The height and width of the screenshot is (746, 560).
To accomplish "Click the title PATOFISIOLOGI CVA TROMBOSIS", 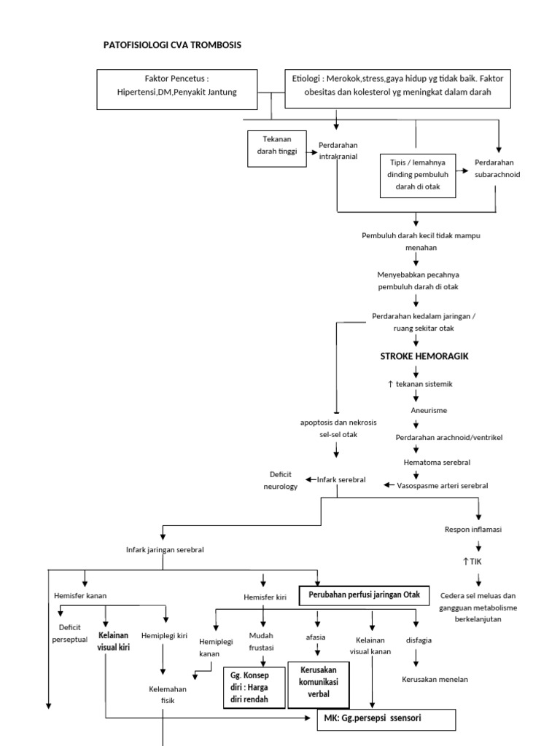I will click(x=173, y=45).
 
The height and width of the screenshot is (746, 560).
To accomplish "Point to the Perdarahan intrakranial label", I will click(x=338, y=150).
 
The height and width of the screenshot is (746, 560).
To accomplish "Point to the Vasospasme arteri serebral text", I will click(x=442, y=485).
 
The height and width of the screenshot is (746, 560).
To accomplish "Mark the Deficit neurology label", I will click(x=281, y=480).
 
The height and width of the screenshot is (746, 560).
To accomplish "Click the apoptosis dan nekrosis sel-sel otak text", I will click(x=335, y=427).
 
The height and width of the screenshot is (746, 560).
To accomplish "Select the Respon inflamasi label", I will click(x=478, y=529).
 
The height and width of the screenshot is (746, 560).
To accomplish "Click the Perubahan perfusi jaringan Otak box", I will click(x=365, y=594).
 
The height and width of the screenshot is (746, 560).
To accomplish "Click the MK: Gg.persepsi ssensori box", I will click(x=386, y=718).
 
